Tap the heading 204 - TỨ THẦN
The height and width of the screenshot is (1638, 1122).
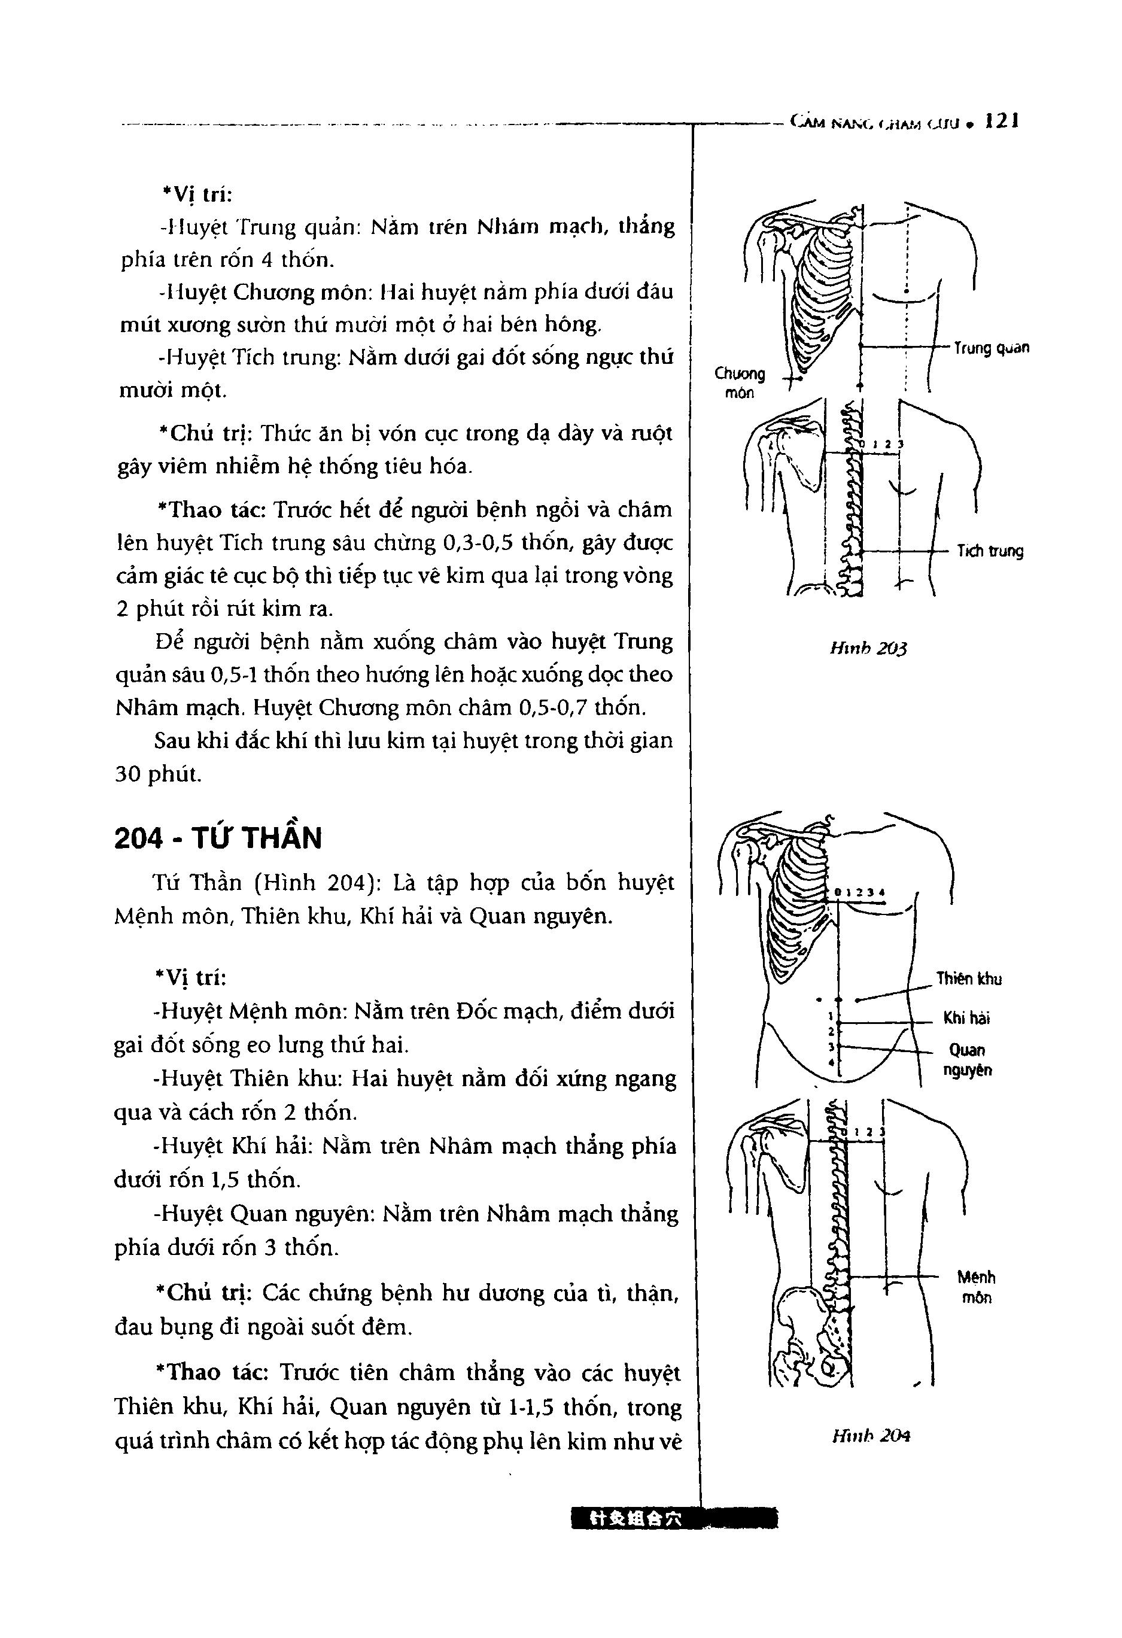(218, 838)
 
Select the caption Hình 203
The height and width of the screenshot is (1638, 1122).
(868, 648)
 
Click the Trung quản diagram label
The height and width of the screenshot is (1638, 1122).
(991, 348)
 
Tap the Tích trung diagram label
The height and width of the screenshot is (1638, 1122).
(990, 551)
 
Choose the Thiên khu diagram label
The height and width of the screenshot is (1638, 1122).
(969, 978)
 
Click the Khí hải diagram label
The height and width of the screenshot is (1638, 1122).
(967, 1018)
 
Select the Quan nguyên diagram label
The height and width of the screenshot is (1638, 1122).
(968, 1060)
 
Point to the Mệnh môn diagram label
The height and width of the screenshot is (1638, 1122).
(976, 1287)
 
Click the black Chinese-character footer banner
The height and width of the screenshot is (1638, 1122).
(675, 1520)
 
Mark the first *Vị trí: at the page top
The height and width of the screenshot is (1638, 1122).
(191, 195)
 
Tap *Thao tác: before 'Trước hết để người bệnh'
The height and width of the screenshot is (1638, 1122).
(209, 509)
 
